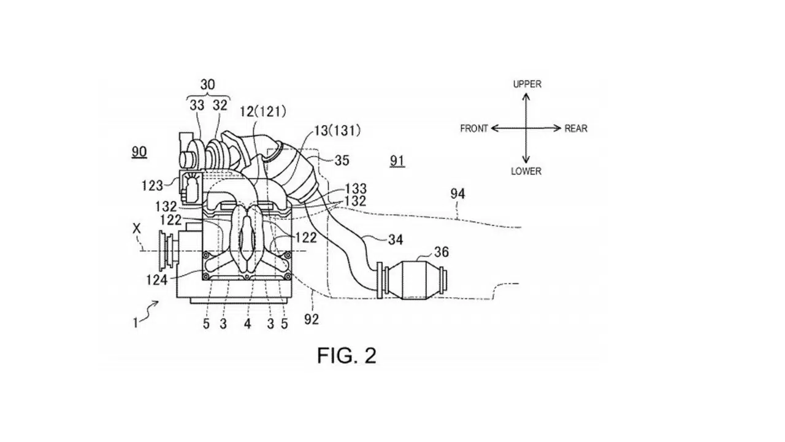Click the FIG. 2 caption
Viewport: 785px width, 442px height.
347,355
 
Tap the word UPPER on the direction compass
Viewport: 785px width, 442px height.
527,84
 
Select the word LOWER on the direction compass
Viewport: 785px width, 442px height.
526,171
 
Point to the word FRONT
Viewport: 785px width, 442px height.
474,129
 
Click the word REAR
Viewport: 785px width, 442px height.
576,129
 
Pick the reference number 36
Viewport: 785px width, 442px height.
441,252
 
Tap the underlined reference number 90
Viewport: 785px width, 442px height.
139,152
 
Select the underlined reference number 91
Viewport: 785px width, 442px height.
397,161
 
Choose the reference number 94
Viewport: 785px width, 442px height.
458,193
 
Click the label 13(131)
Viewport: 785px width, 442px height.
337,131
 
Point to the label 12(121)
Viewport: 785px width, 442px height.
263,112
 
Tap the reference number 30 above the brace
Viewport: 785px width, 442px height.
207,85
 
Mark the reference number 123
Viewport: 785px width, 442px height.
152,185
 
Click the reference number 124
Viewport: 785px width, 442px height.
156,281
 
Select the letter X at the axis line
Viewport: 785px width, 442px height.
137,229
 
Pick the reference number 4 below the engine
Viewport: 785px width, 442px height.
247,324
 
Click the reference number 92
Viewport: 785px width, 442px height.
312,319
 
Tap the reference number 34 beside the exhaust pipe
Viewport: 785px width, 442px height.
396,239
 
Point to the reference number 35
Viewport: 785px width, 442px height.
342,160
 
